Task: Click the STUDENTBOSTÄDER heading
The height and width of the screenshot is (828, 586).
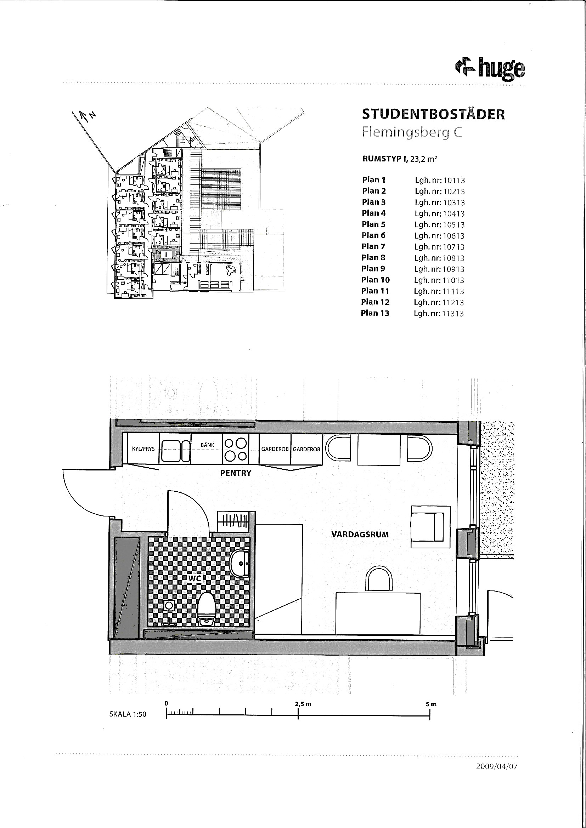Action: coord(433,114)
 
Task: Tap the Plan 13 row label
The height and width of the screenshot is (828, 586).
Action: coord(375,313)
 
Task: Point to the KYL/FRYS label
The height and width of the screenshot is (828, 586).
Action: coord(143,449)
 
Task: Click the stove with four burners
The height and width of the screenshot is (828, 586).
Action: coord(236,449)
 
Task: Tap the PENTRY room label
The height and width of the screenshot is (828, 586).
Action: coord(236,473)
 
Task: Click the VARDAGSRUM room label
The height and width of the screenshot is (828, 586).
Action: coord(360,534)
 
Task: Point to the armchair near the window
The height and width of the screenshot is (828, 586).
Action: coord(430,527)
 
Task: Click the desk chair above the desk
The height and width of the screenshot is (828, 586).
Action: coord(379,579)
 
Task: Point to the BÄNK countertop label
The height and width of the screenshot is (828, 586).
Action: coord(208,445)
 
